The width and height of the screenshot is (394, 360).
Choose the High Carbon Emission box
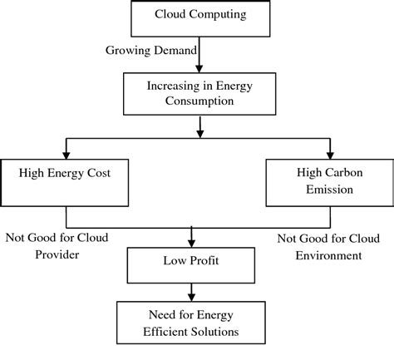coord(330,181)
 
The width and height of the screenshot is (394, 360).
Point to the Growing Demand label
coord(150,50)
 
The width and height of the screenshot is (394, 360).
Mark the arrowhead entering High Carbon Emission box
coord(330,151)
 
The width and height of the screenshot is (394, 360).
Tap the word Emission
coord(330,189)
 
